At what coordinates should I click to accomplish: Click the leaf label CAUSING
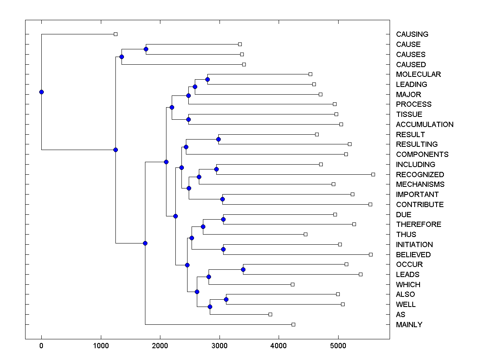coord(412,34)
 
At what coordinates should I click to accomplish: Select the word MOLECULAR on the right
coord(418,74)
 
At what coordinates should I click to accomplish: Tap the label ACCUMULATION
coord(424,125)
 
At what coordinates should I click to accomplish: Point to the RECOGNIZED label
coord(420,175)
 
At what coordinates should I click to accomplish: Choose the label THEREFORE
coord(418,224)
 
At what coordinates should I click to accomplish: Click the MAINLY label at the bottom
coord(409,325)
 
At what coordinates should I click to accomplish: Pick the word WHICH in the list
coord(408,285)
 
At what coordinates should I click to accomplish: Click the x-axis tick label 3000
coord(220,345)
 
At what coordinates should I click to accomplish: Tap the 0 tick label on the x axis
coord(41,345)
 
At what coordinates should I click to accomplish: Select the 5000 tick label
coord(338,345)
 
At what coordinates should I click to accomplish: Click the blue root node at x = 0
coord(41,92)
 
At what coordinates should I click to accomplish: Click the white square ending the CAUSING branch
coord(115,34)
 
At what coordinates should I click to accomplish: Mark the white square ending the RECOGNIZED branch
coord(373,174)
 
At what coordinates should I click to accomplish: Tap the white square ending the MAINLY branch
coord(293,324)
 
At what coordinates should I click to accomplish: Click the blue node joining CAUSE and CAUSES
coord(146,49)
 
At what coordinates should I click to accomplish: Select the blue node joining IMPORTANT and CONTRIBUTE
coord(222,199)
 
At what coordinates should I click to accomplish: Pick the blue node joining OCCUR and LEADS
coord(243,269)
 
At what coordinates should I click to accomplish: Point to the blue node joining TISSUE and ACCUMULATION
coord(188,119)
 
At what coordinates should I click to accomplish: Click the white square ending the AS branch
coord(270,314)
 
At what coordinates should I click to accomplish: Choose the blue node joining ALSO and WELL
coord(226,299)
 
